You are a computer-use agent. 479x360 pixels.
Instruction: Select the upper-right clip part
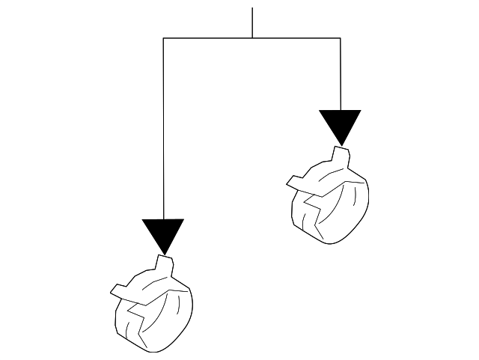tap(329, 198)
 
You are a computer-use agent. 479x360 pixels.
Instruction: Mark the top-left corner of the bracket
tap(163, 37)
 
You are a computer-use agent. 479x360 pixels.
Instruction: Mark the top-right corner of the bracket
tap(341, 37)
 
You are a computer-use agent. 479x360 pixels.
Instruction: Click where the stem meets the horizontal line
tap(252, 37)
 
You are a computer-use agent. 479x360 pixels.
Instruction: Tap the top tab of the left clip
tap(165, 263)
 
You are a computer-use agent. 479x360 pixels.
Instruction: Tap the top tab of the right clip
tap(341, 155)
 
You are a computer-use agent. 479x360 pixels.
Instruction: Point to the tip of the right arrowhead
tap(341, 144)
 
